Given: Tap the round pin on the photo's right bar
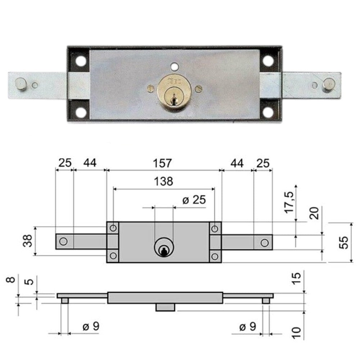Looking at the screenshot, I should click(x=328, y=85).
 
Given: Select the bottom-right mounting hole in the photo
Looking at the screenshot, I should click(x=268, y=112).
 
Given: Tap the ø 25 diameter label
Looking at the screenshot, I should click(x=194, y=200).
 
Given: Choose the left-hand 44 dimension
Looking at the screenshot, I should click(x=90, y=163).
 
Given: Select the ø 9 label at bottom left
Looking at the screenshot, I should click(x=90, y=327).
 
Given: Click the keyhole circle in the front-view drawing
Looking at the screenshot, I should click(x=164, y=248).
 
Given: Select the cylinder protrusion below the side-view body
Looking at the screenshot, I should click(x=165, y=307).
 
